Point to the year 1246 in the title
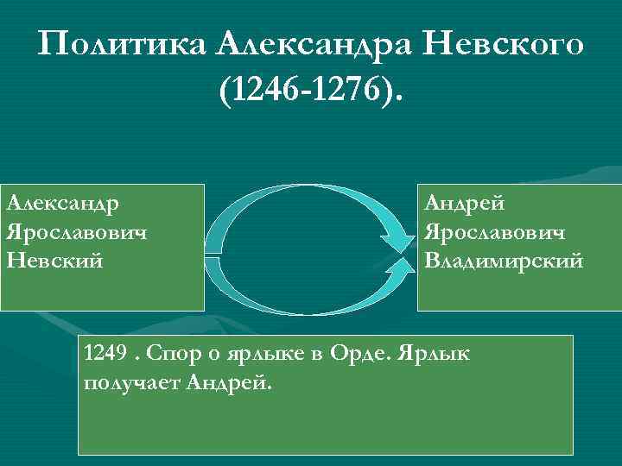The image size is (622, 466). point(257,90)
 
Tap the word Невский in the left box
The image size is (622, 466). point(54,260)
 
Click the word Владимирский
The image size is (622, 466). point(504,260)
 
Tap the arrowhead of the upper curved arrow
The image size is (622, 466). point(397,238)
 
